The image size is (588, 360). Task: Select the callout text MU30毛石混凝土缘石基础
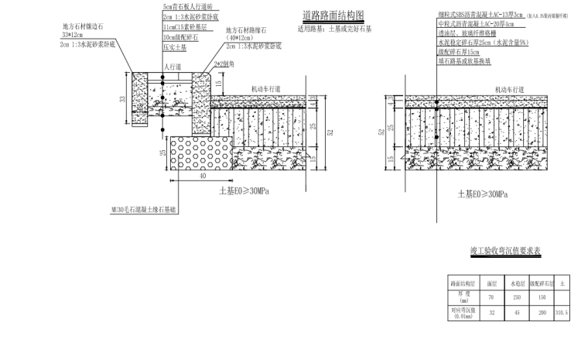point(144,208)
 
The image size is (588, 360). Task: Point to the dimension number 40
point(202,175)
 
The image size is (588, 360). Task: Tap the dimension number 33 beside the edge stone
point(121,98)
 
